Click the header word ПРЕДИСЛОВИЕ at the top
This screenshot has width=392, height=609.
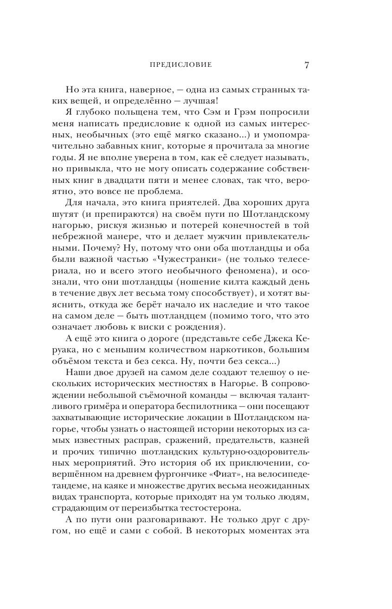point(181,65)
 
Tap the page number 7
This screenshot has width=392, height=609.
point(307,65)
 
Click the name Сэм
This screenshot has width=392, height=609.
point(224,113)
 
